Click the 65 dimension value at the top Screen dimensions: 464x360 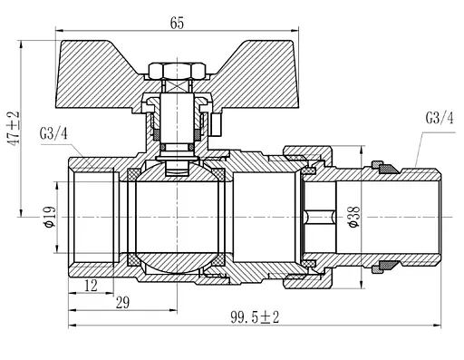(177, 23)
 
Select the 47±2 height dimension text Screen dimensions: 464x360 (14, 128)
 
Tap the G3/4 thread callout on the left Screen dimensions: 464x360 (53, 133)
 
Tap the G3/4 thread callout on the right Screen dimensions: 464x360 (440, 118)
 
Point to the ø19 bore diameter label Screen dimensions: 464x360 (50, 217)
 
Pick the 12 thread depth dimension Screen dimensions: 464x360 (91, 286)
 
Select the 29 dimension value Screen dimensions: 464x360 (122, 303)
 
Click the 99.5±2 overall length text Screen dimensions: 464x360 (255, 317)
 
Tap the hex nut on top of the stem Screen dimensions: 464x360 (177, 71)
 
